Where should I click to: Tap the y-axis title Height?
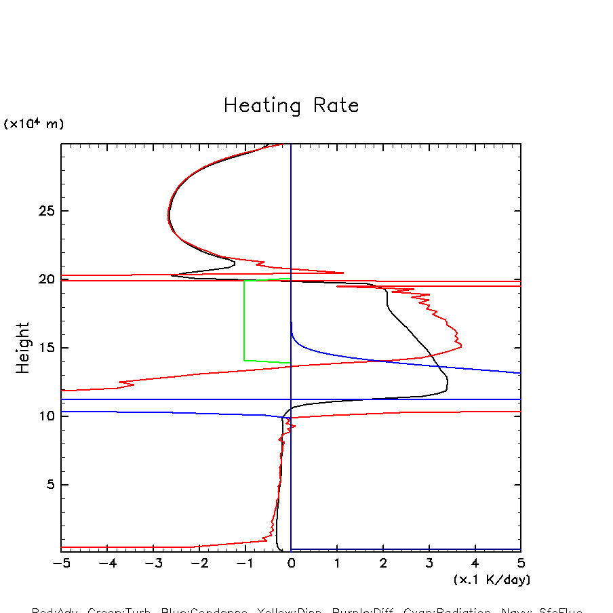click(23, 348)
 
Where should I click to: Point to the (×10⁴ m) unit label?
click(34, 124)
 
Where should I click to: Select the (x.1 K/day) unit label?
click(492, 580)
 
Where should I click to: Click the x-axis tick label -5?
click(61, 564)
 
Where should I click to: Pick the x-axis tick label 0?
click(291, 564)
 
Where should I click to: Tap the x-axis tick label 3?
click(429, 564)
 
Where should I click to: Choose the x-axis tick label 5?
click(520, 564)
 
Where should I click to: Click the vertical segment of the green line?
click(244, 320)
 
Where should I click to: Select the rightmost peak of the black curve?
click(447, 383)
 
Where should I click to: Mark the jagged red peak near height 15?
click(461, 347)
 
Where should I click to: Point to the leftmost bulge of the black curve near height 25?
click(168, 216)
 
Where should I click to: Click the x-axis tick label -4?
click(107, 564)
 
